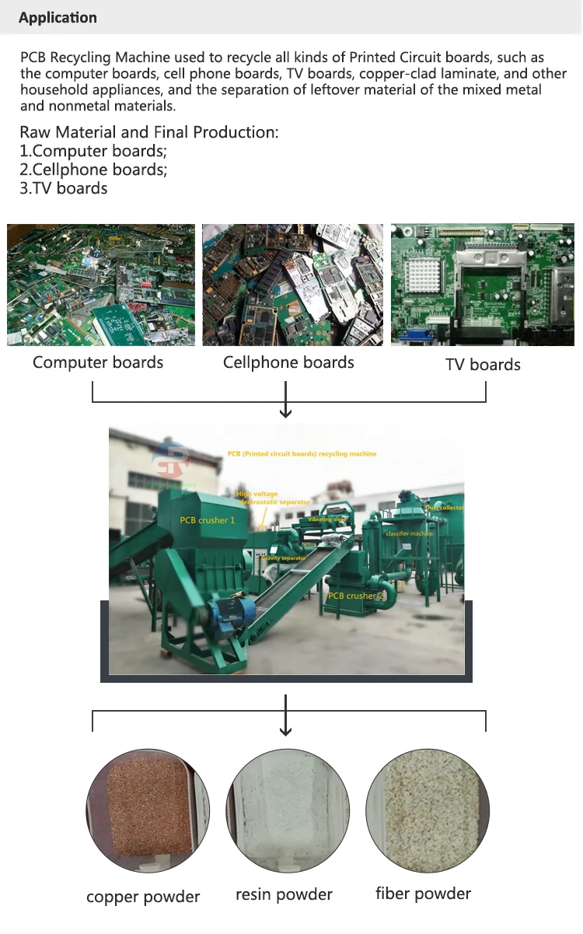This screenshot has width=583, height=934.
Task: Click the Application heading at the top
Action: coord(58,18)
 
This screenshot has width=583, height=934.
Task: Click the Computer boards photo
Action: coord(101,285)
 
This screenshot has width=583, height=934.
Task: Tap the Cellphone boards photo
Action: coord(291,285)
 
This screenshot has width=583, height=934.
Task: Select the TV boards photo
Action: coord(483,285)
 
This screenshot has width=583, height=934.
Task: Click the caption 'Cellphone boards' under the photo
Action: coord(288,362)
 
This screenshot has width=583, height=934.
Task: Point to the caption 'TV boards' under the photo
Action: coord(483,365)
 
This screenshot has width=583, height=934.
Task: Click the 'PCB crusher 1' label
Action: coord(207,519)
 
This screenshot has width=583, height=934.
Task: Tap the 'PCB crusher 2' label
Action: coord(356,596)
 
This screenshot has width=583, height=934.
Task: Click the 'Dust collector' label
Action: coord(444,507)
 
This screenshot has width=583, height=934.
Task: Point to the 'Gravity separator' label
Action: coord(284,558)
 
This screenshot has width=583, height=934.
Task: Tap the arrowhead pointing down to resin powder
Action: coord(286,730)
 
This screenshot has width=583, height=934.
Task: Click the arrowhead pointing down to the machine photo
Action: coord(286,413)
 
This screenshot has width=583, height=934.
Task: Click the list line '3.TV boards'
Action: coord(64,188)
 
